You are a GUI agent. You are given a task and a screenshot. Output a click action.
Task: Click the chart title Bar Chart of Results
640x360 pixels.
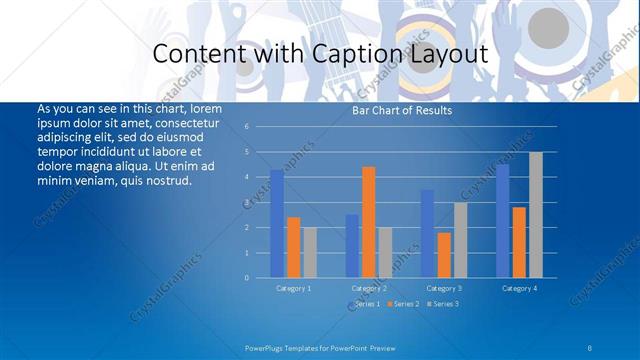[402, 110]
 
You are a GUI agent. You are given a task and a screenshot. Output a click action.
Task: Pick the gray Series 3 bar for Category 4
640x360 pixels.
[536, 215]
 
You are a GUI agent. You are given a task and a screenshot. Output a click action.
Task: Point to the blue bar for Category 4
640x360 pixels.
[502, 221]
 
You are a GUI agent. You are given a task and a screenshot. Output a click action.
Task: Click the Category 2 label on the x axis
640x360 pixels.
[369, 288]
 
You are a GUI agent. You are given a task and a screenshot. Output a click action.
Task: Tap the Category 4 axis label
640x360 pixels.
[518, 288]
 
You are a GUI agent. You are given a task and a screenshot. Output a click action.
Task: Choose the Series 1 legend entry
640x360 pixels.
[363, 303]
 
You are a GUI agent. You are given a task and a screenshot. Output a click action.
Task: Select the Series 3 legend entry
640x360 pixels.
[442, 303]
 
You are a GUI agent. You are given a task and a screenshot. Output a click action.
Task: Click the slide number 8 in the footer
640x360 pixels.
[591, 347]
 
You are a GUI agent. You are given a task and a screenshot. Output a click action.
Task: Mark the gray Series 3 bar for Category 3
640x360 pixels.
[461, 240]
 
